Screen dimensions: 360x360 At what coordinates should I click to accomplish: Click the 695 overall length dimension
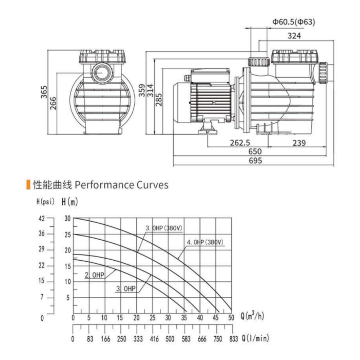point(255,161)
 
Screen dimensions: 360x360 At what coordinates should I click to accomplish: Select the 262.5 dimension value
point(240,143)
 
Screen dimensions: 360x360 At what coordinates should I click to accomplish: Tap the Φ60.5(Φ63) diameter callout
point(294,22)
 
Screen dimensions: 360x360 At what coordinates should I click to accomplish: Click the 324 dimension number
point(294,36)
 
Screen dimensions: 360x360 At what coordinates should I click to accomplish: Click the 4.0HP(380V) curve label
point(205,242)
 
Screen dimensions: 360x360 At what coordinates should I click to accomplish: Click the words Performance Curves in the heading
point(121,185)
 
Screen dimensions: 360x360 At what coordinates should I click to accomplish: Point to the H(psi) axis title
point(45,202)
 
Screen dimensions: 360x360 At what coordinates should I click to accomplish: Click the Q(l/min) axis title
point(255,339)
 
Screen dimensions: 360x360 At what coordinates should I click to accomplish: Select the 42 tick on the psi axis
point(42,218)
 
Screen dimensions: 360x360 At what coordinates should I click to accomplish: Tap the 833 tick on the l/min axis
point(233,339)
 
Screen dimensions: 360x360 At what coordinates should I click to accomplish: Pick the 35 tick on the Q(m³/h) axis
point(184,318)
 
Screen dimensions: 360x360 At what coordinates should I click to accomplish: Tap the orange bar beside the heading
point(28,184)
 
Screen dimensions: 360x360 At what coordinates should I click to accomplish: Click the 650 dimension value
point(255,152)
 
